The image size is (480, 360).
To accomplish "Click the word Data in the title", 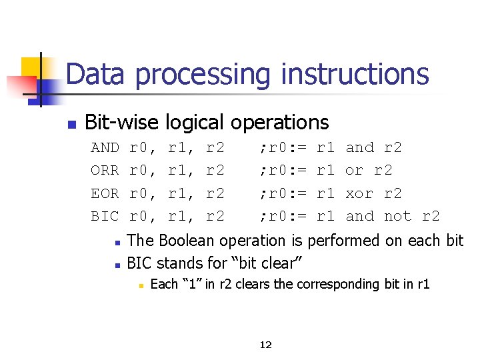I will coord(95,74).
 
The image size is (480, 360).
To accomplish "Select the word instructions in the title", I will coord(355,74).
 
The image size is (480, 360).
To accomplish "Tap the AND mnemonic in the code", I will coord(105,148).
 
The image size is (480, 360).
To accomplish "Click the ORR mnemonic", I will coord(105,171).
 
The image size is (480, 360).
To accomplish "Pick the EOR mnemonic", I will coord(105,193).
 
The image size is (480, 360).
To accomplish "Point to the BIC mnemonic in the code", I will coord(105,216).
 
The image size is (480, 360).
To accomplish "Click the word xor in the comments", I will coord(359,193).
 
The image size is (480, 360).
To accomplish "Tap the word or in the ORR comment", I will coord(354,171).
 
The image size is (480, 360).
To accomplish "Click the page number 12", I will coord(265,345).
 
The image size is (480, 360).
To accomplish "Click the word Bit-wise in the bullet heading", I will coord(122,123).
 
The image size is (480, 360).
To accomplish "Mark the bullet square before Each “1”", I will coord(141,285).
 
